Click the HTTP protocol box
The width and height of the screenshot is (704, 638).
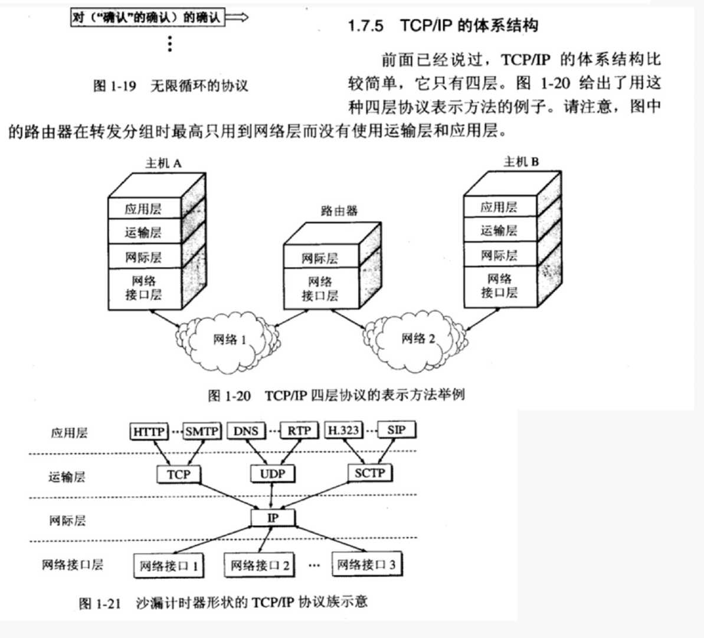(x=149, y=431)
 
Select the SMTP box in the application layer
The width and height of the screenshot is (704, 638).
(x=202, y=431)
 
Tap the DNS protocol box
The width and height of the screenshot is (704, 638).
(x=246, y=431)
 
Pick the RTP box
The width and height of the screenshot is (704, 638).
(x=299, y=431)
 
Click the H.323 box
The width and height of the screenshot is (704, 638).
(x=343, y=430)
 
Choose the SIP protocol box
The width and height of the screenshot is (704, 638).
(x=397, y=430)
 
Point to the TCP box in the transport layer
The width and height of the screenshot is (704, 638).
(x=178, y=474)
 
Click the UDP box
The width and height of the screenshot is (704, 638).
(x=273, y=474)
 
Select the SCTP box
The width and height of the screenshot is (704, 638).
(x=370, y=473)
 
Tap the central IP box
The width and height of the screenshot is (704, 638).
(x=273, y=517)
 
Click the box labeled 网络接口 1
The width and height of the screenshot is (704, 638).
(x=168, y=566)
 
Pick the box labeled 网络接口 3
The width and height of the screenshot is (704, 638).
(x=366, y=565)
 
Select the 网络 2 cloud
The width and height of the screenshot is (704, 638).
(x=417, y=339)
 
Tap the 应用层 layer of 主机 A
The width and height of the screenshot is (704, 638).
(x=143, y=209)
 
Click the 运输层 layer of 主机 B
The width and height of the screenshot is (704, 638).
(x=499, y=230)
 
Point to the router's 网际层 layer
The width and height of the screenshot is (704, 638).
(x=320, y=258)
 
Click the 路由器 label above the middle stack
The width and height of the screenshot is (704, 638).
(x=339, y=210)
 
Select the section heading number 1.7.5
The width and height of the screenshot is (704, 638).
(x=365, y=25)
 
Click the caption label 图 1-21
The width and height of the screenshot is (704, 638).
(x=100, y=603)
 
